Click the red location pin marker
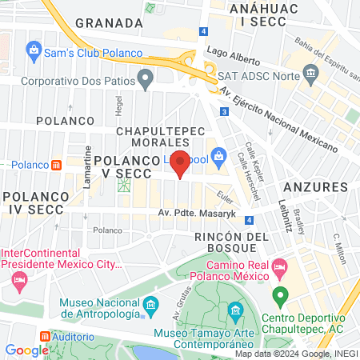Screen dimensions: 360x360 pos(181,162)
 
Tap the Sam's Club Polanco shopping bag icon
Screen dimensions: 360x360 pos(34,54)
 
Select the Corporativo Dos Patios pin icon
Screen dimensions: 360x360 pos(145,78)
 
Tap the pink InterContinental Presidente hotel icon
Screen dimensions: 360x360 pos(18,280)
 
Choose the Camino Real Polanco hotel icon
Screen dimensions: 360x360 pos(280,265)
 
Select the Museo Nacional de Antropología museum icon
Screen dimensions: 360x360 pos(150,306)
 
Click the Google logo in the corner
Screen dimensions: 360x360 pos(26,350)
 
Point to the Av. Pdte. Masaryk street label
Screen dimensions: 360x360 pos(192,213)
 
